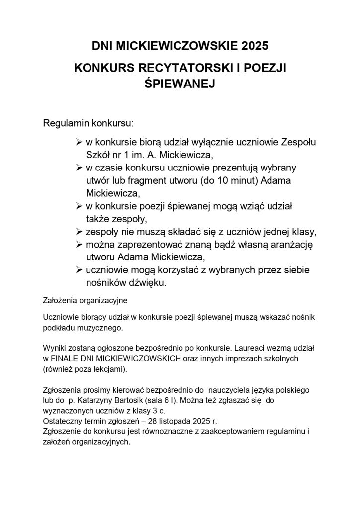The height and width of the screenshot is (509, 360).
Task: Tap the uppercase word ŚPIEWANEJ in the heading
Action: [179, 84]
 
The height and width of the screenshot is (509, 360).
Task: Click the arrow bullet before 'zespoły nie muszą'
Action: [78, 232]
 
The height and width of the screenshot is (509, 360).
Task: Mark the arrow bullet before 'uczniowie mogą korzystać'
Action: [78, 270]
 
